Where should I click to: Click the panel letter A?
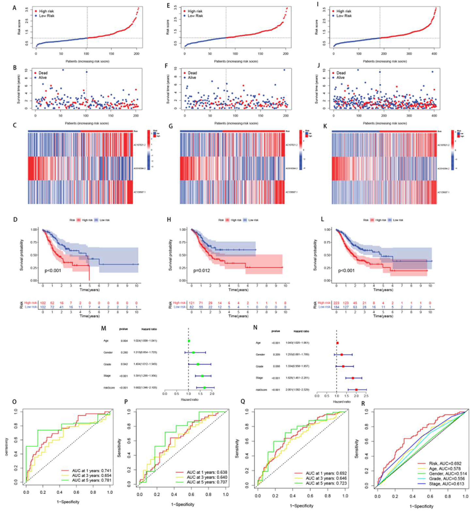(x=14, y=8)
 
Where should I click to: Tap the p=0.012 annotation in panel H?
(x=201, y=270)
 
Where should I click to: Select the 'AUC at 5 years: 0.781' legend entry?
(x=92, y=480)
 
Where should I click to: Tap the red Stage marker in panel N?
(x=353, y=378)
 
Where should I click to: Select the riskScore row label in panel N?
(x=261, y=390)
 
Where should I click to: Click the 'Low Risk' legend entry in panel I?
(x=344, y=16)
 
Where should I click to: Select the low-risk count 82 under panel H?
(x=191, y=307)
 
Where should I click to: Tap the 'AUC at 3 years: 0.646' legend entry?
(x=326, y=478)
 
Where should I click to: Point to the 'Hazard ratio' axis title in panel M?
(x=189, y=399)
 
